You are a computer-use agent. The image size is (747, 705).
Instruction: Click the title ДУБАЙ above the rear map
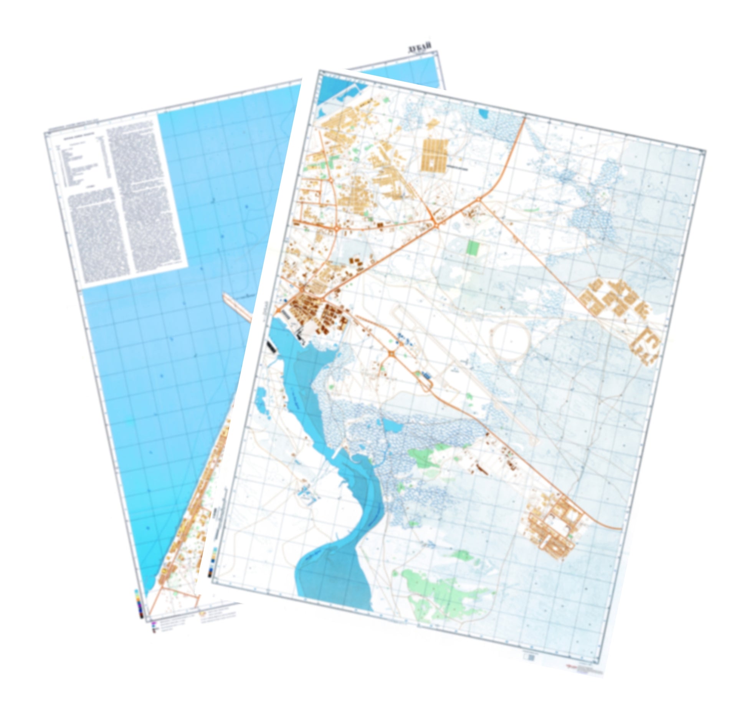[420, 49]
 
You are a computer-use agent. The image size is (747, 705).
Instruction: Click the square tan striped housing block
[435, 155]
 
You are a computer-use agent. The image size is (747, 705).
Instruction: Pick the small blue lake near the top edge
[483, 114]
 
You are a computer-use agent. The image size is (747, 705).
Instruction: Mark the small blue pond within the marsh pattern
[391, 425]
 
